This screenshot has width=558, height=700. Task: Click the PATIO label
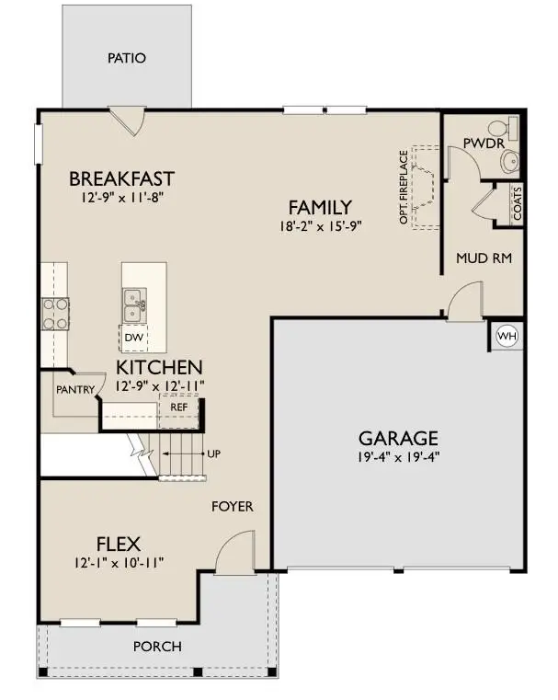point(126,58)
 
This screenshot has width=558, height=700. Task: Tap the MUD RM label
point(484,258)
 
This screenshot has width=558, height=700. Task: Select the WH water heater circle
point(507,337)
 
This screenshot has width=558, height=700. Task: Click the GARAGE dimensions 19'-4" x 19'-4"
point(397,458)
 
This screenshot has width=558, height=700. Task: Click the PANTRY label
point(74,390)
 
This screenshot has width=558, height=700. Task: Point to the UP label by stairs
point(215,454)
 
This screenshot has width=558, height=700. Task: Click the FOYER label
point(233,507)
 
